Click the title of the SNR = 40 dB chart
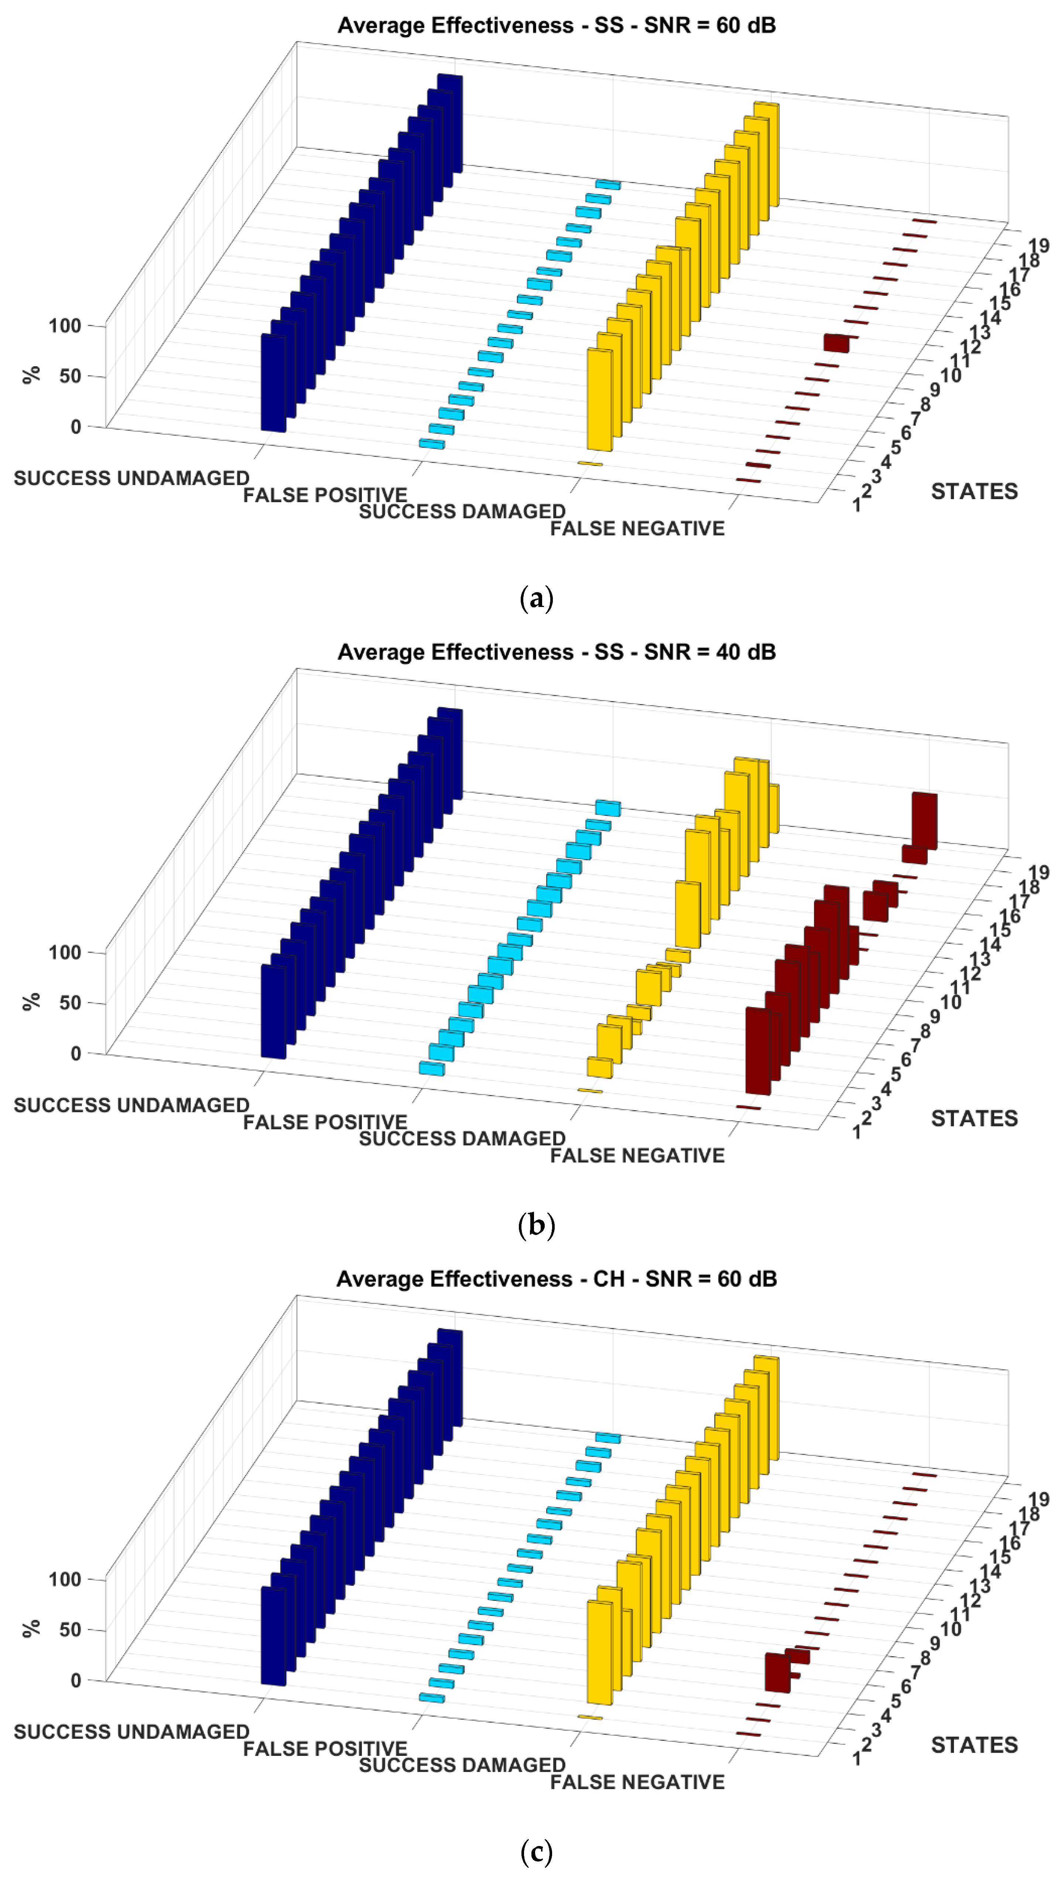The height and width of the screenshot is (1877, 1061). click(x=556, y=652)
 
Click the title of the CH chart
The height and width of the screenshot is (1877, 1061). click(x=556, y=1279)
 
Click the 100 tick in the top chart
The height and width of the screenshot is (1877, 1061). click(x=64, y=326)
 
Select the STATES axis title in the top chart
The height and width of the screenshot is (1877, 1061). click(x=973, y=492)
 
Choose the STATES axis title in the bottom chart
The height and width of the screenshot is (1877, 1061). click(x=973, y=1745)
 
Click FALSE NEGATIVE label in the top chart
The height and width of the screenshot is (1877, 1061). click(x=637, y=529)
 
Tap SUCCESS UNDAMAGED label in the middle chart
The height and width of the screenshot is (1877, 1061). click(x=131, y=1105)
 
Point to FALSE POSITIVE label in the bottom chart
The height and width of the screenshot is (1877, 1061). click(x=325, y=1749)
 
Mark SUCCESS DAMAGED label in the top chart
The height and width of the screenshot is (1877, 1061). click(x=462, y=511)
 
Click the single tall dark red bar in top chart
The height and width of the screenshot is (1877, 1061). click(x=836, y=343)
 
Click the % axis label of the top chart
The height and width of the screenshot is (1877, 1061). click(x=31, y=375)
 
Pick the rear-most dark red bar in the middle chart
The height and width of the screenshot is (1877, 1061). click(x=924, y=820)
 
